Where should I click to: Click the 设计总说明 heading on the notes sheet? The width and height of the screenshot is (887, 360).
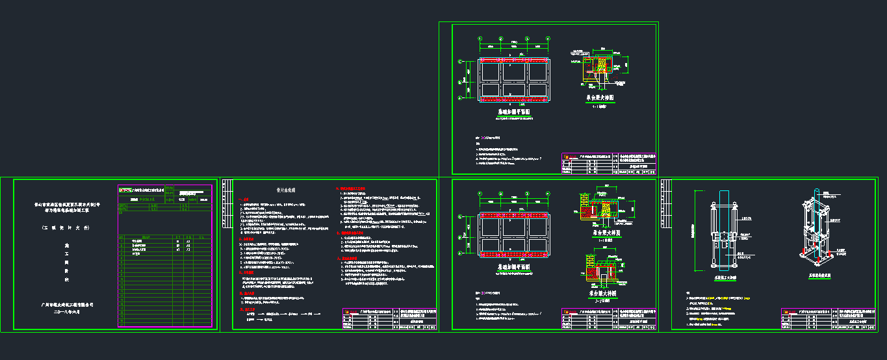(x=286, y=190)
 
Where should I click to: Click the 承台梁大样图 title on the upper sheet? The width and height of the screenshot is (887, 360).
(x=600, y=97)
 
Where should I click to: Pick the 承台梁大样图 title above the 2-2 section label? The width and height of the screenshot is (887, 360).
(x=600, y=293)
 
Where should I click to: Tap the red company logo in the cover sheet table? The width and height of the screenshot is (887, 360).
(x=125, y=190)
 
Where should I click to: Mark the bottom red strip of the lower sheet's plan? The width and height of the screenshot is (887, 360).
(x=513, y=255)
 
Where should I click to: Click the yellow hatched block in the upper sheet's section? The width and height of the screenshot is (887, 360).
(x=602, y=65)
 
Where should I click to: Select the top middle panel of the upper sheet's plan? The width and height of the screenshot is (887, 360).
(x=513, y=70)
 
